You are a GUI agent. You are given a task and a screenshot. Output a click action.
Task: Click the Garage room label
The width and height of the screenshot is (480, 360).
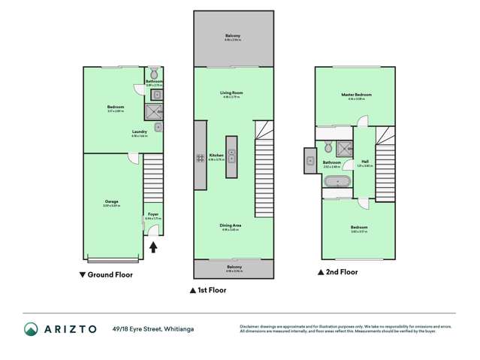click(x=111, y=201)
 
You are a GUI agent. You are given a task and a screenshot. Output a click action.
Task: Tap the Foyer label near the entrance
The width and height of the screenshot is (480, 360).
click(x=152, y=215)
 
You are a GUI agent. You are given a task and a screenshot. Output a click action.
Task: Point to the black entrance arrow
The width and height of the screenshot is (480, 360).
click(x=153, y=247)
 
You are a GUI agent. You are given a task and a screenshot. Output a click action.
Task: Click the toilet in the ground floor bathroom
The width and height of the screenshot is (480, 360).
click(x=154, y=74)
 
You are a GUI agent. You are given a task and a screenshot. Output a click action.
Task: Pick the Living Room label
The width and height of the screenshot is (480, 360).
click(x=231, y=93)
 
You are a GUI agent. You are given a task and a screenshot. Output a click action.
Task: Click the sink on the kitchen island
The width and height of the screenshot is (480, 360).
click(x=231, y=156)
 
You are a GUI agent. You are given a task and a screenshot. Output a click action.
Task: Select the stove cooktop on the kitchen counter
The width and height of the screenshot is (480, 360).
click(x=201, y=158)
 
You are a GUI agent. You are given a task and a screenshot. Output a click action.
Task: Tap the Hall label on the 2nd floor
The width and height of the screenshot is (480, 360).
click(x=364, y=161)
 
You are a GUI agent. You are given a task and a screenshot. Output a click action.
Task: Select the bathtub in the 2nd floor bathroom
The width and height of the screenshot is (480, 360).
click(x=338, y=181)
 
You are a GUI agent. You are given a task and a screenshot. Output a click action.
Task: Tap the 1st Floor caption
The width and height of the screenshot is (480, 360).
click(x=210, y=289)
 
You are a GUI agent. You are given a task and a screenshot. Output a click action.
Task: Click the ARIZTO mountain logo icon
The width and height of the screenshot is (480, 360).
click(x=32, y=328)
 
